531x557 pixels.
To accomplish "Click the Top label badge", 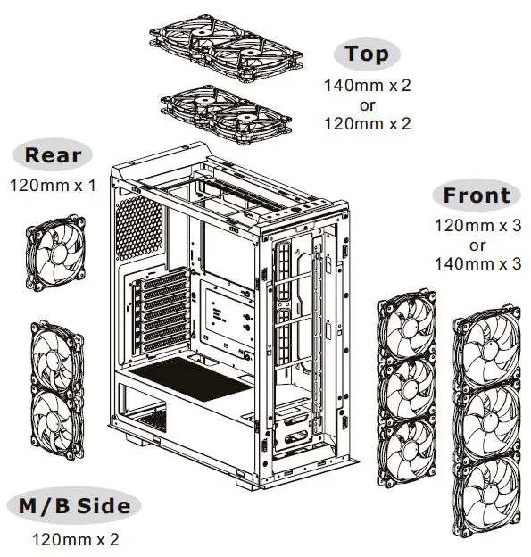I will (x=368, y=54).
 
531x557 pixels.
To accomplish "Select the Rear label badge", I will (x=53, y=154).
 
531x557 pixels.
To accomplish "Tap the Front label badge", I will (x=477, y=195).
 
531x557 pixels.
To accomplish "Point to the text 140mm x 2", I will (x=368, y=87).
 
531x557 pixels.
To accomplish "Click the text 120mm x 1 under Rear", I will (x=53, y=186).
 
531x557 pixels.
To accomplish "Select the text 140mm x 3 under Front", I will (x=477, y=263).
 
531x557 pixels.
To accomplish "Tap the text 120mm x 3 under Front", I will (x=477, y=227).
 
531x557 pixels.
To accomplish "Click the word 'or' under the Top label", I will (x=368, y=105).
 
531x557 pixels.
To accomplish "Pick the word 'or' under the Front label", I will (x=477, y=245).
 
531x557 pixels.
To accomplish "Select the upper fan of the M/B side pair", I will (x=55, y=358).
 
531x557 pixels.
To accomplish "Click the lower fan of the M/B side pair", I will (x=55, y=420).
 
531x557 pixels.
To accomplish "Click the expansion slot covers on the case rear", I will (x=159, y=312).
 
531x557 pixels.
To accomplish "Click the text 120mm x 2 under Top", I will (x=368, y=124).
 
